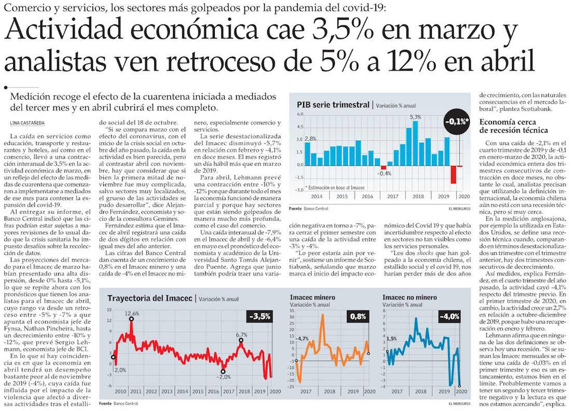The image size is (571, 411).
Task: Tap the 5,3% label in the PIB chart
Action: click(x=416, y=117)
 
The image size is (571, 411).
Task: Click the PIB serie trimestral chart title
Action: click(x=333, y=104)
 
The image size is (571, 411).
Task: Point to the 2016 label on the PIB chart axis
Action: click(x=368, y=197)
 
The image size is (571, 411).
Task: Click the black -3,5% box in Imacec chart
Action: click(x=260, y=316)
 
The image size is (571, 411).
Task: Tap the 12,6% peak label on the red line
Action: click(x=132, y=313)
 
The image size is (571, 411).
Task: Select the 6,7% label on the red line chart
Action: click(x=241, y=335)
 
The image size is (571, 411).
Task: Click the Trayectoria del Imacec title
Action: click(x=149, y=298)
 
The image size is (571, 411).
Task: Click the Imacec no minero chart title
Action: click(x=405, y=297)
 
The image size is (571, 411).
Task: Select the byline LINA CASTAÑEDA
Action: click(x=30, y=122)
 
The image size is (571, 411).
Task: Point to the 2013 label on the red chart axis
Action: click(x=167, y=392)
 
